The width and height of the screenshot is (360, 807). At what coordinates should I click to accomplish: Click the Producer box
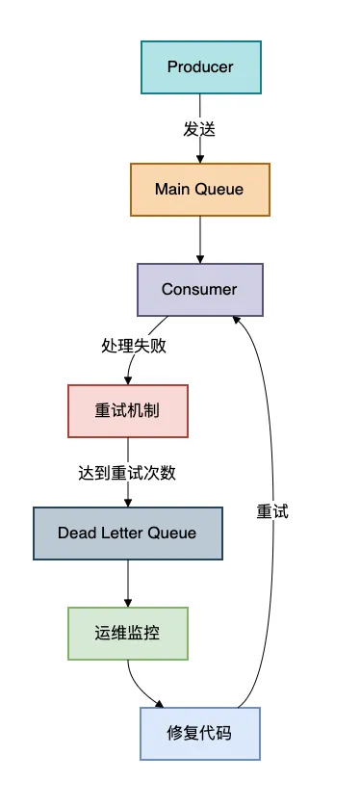[200, 66]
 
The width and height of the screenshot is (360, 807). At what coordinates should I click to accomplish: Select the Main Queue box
[200, 189]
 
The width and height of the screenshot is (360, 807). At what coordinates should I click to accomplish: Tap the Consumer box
[200, 289]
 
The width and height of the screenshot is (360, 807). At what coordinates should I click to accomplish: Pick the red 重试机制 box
[127, 410]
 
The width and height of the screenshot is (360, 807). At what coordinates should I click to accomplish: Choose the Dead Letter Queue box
[127, 533]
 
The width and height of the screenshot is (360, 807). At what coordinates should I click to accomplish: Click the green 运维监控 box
[127, 633]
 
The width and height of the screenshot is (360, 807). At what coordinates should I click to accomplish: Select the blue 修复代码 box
[200, 734]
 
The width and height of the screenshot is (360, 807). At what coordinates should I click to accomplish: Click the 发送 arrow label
[199, 128]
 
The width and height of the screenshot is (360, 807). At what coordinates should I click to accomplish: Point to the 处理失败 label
[134, 346]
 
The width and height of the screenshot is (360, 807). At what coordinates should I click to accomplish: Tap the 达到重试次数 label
[127, 473]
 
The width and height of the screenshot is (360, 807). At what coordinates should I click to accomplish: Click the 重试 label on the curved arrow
[272, 511]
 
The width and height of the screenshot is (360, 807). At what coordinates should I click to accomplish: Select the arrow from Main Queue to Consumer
[200, 239]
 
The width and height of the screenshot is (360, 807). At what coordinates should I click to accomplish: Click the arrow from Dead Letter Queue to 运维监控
[127, 583]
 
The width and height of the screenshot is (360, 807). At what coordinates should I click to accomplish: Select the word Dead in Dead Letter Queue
[76, 533]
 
